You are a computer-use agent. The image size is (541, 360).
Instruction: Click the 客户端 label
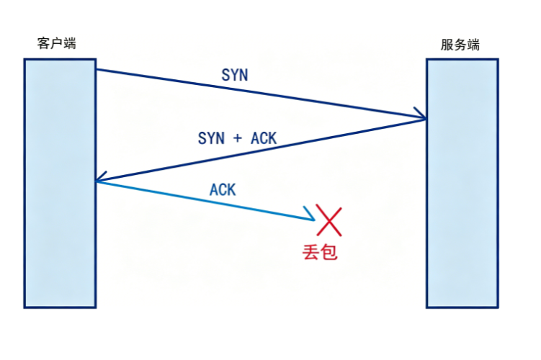(x=57, y=43)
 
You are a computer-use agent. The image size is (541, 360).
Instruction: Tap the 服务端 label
(x=460, y=45)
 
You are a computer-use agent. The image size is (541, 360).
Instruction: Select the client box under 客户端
(x=60, y=183)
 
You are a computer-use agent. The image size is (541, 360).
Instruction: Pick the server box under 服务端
(x=462, y=183)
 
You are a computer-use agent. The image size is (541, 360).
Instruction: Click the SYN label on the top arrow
(x=235, y=75)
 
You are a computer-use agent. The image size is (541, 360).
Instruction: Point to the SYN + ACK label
(x=238, y=138)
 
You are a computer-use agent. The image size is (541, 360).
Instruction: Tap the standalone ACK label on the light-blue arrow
(x=223, y=189)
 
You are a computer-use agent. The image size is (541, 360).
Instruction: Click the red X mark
(x=328, y=220)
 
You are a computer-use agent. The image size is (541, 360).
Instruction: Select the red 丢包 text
(x=320, y=252)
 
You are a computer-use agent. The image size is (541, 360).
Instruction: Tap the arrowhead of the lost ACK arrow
(x=311, y=215)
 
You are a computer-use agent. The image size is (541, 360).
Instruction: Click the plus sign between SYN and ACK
(x=238, y=139)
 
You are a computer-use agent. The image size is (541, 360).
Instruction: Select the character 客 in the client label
(x=43, y=43)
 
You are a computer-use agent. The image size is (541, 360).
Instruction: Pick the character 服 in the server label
(x=447, y=45)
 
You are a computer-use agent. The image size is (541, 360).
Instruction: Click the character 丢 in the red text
(x=310, y=252)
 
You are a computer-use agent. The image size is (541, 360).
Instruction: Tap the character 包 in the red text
(x=328, y=252)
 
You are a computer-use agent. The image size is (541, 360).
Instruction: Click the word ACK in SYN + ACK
(x=264, y=138)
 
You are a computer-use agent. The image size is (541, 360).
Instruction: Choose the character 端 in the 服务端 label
(x=473, y=45)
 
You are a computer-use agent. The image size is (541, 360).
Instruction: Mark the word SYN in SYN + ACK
(x=211, y=138)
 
